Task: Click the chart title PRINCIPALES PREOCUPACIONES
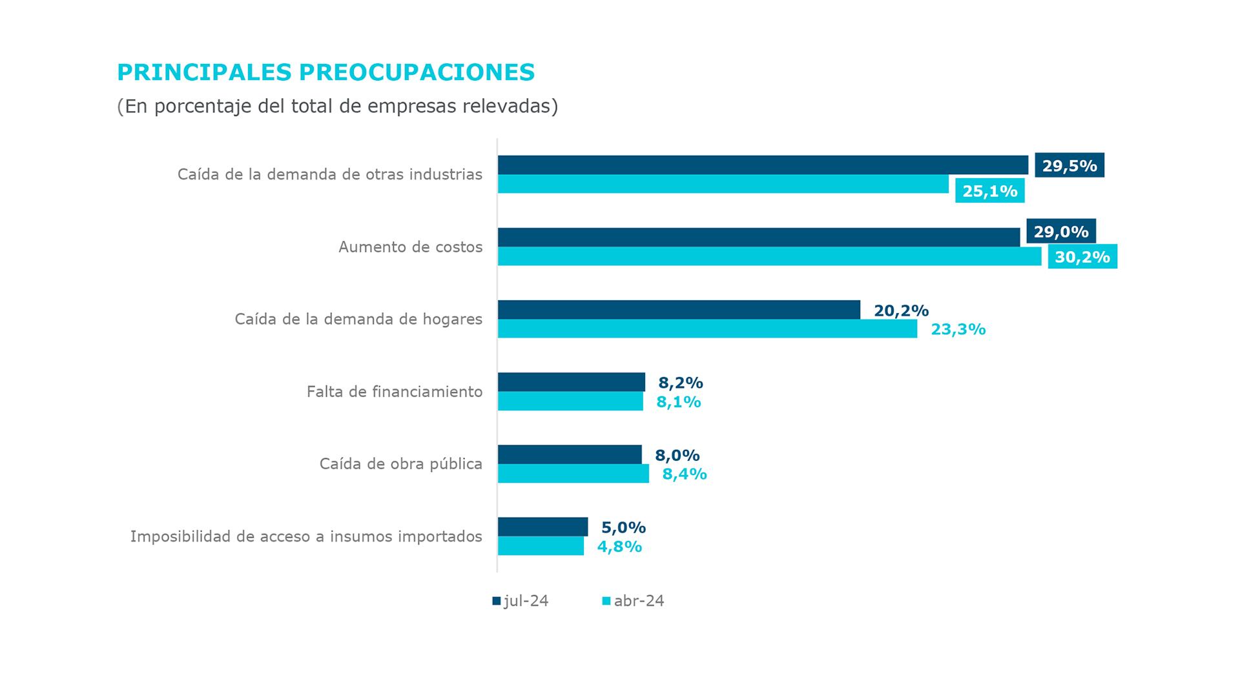pyautogui.click(x=325, y=72)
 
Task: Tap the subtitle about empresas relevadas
pyautogui.click(x=337, y=106)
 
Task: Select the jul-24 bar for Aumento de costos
pyautogui.click(x=758, y=237)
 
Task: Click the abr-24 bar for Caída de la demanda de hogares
pyautogui.click(x=707, y=329)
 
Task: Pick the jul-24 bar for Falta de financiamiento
pyautogui.click(x=571, y=381)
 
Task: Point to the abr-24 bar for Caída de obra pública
pyautogui.click(x=573, y=473)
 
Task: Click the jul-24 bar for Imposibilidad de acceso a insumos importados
pyautogui.click(x=542, y=527)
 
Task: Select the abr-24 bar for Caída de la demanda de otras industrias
pyautogui.click(x=723, y=184)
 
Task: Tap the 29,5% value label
pyautogui.click(x=1069, y=165)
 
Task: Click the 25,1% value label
pyautogui.click(x=989, y=191)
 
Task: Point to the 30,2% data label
pyautogui.click(x=1082, y=257)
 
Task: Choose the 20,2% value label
pyautogui.click(x=901, y=310)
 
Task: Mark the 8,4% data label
pyautogui.click(x=684, y=474)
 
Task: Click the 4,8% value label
pyautogui.click(x=619, y=546)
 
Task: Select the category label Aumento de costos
pyautogui.click(x=410, y=247)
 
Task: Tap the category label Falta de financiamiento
pyautogui.click(x=394, y=391)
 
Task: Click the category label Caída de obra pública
pyautogui.click(x=400, y=463)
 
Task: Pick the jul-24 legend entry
pyautogui.click(x=521, y=601)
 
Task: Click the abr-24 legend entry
pyautogui.click(x=633, y=601)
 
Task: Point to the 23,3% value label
pyautogui.click(x=958, y=329)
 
